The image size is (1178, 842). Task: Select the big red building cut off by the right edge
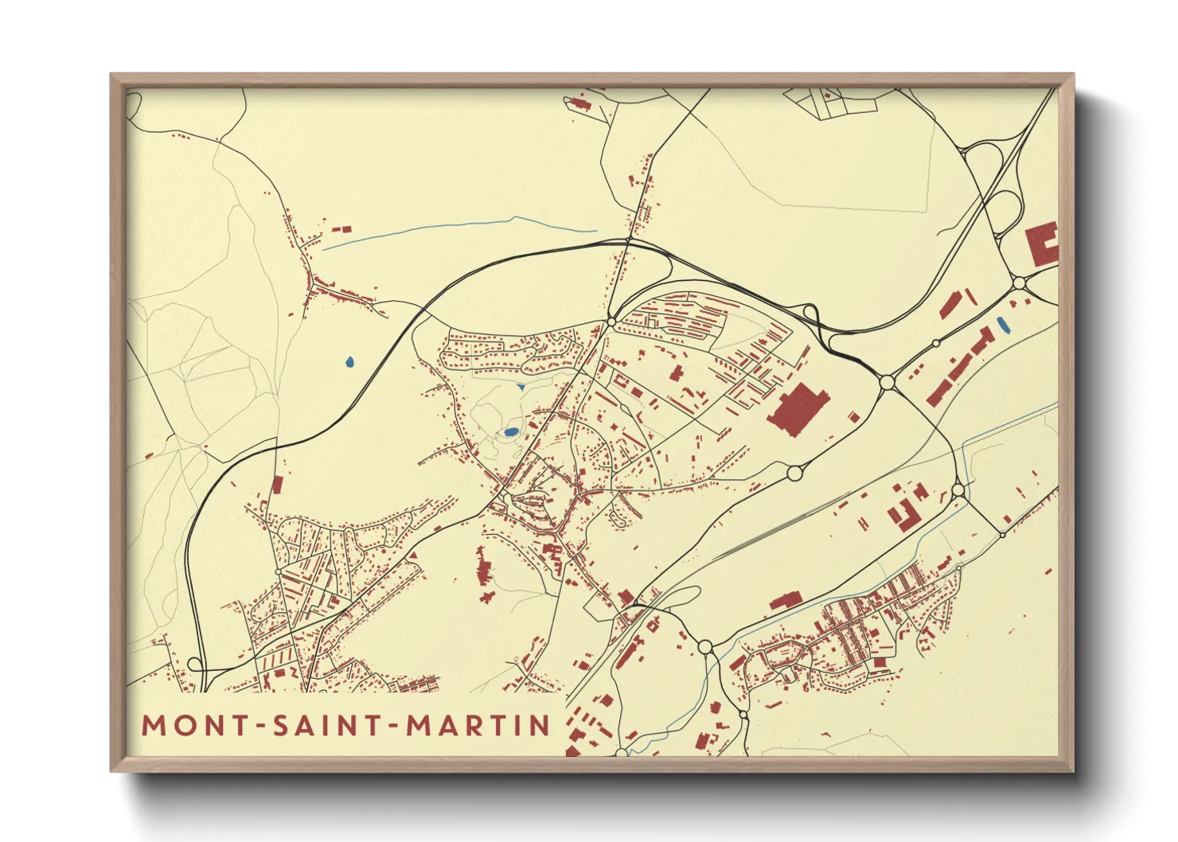[x=1043, y=244]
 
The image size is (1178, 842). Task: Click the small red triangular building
[x=414, y=555]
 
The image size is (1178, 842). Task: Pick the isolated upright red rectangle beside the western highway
[x=277, y=484]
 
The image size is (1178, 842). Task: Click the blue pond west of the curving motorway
[x=349, y=363]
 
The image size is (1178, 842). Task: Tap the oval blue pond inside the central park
[x=510, y=432]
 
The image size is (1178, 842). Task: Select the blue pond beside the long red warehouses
[x=1002, y=325]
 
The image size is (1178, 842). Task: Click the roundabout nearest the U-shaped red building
[x=958, y=489]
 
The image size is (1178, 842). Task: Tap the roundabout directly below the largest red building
[x=794, y=474]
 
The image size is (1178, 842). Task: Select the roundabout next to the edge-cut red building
[x=1019, y=283]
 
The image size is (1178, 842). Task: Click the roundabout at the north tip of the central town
[x=610, y=322]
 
